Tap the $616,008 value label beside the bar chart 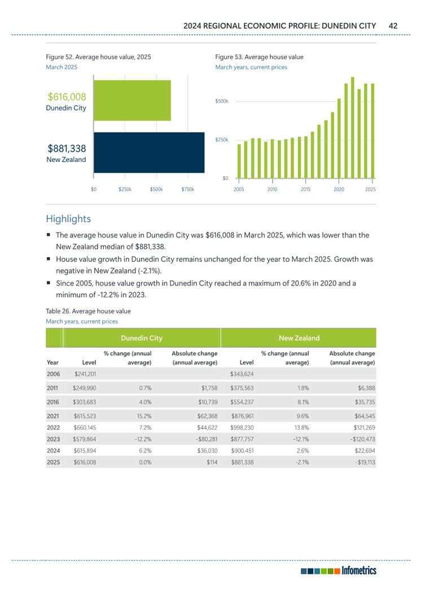click(67, 97)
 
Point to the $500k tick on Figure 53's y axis click(222, 101)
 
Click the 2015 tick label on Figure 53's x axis click(305, 189)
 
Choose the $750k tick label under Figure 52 click(187, 189)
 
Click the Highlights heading click(68, 218)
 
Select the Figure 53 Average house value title click(259, 57)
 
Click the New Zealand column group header click(300, 338)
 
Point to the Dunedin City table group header click(142, 338)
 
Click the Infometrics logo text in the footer click(358, 571)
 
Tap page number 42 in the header click(393, 26)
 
